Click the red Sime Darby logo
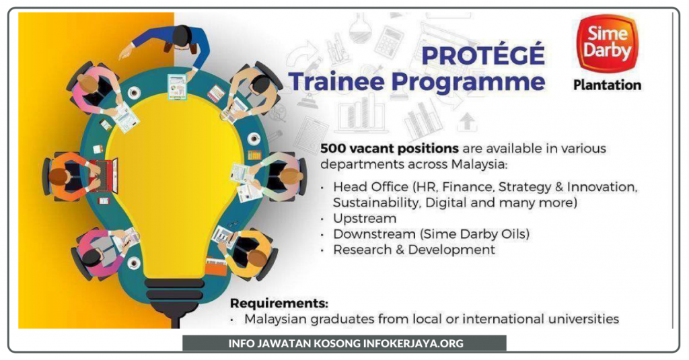click(608, 44)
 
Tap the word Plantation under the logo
click(608, 85)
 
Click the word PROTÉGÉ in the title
click(483, 55)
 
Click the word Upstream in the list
click(365, 219)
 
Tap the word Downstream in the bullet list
click(374, 234)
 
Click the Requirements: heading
click(279, 303)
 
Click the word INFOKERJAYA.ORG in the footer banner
click(413, 343)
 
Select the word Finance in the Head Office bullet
click(468, 187)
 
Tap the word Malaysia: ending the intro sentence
click(479, 164)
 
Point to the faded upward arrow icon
click(467, 121)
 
